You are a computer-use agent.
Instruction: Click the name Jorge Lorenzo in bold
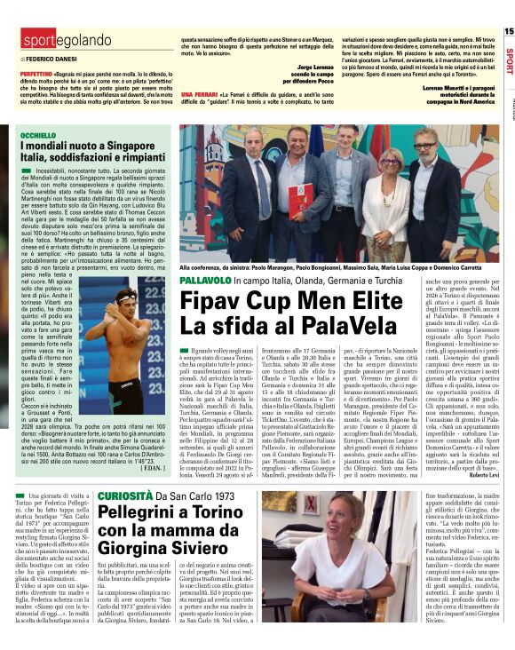click(x=314, y=67)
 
